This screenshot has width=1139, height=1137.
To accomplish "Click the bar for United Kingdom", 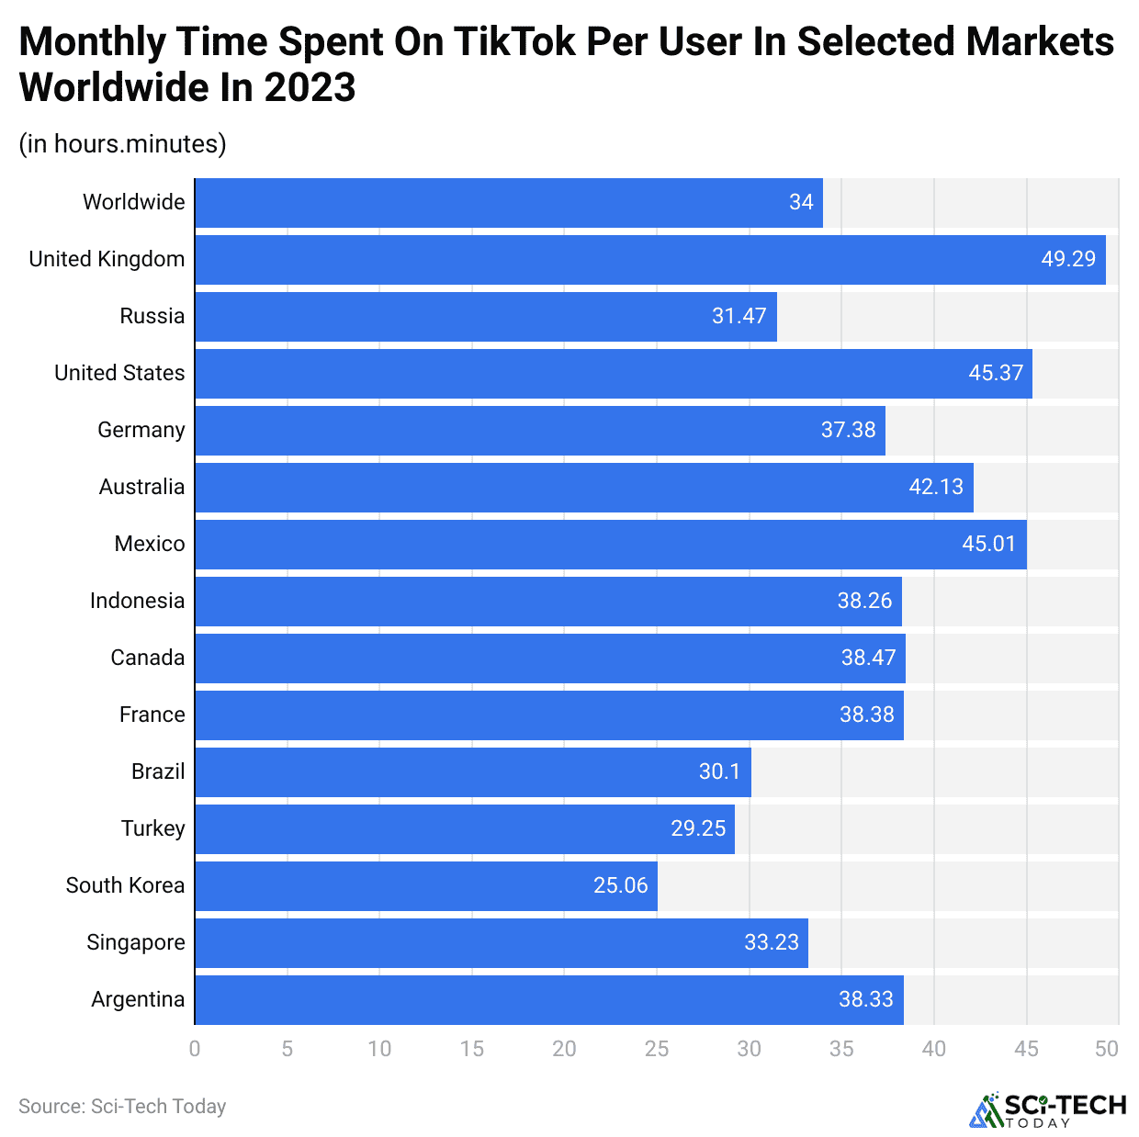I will pos(649,260).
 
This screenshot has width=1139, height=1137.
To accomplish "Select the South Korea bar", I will pos(425,886).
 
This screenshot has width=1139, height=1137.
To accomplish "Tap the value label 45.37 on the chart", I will pos(995,373).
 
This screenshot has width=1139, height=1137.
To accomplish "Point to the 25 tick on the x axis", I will pos(657,1049).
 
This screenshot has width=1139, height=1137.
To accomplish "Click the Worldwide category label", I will pos(133,202).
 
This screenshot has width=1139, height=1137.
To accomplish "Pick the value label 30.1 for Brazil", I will pos(719,771).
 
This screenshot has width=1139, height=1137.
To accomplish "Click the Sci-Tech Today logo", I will pos(1048,1109).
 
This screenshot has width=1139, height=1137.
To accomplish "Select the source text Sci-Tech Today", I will pos(122,1107).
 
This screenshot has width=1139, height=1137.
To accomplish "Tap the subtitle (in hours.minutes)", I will pos(122,144).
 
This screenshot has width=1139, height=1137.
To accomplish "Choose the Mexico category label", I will pos(150,544).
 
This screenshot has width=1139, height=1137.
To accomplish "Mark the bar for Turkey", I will pos(464,829).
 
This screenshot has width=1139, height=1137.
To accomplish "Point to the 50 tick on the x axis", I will pos(1107,1049).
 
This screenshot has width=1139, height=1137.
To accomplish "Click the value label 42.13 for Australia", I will pos(936,487).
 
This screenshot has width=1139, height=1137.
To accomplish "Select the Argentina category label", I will pos(138,999).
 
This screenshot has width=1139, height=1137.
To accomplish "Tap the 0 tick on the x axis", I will pos(195,1049).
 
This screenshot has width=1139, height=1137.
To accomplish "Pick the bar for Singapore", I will pos(501,943).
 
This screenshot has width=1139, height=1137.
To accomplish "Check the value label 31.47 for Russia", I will pos(739,316).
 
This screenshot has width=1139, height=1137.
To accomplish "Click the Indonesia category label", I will pos(137,601).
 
